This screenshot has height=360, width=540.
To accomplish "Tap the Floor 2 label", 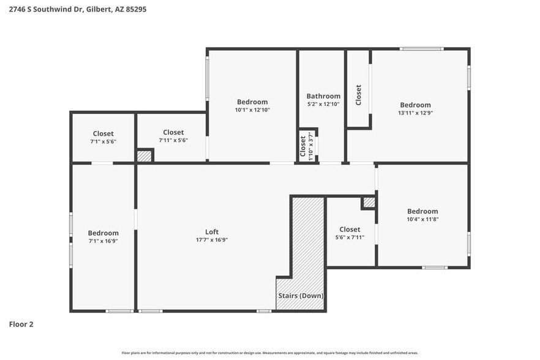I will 21,324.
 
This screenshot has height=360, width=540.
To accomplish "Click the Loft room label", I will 212,232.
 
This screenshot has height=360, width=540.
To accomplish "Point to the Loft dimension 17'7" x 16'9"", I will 212,240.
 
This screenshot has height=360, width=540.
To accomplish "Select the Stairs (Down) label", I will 301,296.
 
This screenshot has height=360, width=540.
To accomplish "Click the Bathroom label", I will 323,96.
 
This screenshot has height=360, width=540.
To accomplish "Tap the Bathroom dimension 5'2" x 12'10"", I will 323,104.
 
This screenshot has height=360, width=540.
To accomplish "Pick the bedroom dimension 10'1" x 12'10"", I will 252,110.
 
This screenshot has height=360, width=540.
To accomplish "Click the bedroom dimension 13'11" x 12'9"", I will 415,113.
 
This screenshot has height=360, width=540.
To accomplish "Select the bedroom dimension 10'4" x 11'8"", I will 422,219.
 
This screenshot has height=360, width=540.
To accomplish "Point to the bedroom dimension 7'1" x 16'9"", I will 103,241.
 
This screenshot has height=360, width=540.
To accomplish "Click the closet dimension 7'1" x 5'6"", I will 103,141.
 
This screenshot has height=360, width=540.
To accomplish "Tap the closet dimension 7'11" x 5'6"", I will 173,140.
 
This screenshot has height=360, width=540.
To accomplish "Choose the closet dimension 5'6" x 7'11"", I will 350,238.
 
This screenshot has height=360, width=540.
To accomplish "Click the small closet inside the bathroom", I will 307,146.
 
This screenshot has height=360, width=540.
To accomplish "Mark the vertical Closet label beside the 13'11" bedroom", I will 358,94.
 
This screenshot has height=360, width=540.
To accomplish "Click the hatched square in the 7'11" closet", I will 144,156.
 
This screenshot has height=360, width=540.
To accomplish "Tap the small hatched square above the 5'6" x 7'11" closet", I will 369,202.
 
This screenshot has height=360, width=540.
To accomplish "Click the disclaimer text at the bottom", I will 270,353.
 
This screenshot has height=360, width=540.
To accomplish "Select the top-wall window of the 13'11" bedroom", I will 421,49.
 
